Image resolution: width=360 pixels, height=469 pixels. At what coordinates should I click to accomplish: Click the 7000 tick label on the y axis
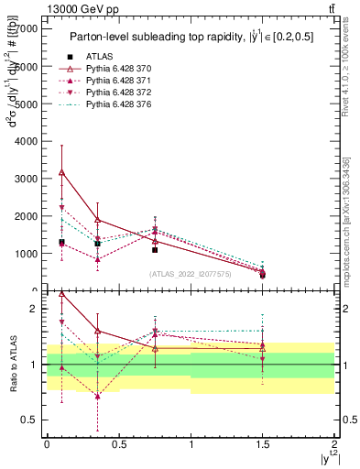26,29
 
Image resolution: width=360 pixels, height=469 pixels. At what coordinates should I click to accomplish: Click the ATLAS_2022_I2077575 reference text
189,273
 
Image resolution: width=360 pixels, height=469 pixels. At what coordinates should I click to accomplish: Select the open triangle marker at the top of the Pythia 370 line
61,172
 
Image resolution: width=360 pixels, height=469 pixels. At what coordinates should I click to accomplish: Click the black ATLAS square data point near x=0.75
155,249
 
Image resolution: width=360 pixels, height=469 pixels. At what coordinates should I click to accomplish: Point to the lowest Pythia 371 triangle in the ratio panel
97,397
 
